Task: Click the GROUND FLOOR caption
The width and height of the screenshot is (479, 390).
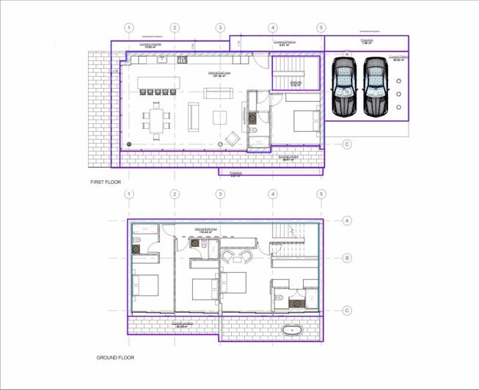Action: [115, 358]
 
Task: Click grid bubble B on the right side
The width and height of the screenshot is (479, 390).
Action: [347, 258]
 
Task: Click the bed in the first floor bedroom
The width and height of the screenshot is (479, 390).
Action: [302, 118]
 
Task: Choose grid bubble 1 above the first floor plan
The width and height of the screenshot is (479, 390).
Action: [129, 28]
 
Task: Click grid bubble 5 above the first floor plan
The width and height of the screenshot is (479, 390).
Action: [321, 28]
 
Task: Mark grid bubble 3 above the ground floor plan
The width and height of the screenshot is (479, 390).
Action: [220, 194]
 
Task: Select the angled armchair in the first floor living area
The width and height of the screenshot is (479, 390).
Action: [233, 137]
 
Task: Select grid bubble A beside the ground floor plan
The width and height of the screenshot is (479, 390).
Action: [347, 219]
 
